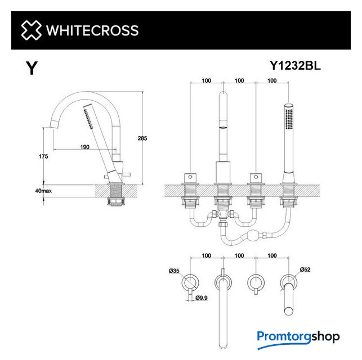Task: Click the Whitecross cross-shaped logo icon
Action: point(32,30)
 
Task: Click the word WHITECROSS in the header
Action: point(92,30)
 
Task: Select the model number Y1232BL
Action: point(295,65)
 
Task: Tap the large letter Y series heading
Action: point(32,68)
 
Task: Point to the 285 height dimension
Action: point(142,138)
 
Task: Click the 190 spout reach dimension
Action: point(84,147)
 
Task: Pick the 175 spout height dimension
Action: point(43,156)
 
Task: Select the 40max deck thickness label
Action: point(43,191)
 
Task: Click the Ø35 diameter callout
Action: point(174,271)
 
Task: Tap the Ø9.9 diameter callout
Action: point(202,298)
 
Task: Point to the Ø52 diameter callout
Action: point(305,269)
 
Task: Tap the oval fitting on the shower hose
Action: point(253,235)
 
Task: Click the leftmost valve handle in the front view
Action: point(190,178)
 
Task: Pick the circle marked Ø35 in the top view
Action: point(190,282)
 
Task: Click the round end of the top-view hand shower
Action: point(289,311)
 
